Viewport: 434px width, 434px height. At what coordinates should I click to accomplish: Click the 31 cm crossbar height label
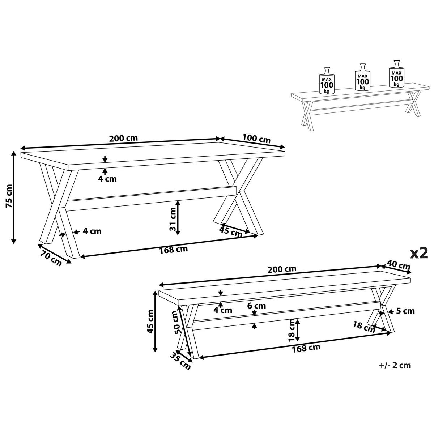tap(173, 219)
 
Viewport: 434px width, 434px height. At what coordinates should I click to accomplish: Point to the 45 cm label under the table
tap(231, 232)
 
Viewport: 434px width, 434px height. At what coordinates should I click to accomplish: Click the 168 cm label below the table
tap(174, 250)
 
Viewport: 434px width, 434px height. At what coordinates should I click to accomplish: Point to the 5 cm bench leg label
tap(405, 311)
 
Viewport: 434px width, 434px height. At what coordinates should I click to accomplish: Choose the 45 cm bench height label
tap(150, 322)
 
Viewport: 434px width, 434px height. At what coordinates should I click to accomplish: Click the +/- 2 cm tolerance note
tap(395, 365)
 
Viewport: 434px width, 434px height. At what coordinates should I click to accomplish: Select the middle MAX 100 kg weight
tap(362, 77)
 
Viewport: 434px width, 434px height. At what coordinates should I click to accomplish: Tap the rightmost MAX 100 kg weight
tap(397, 74)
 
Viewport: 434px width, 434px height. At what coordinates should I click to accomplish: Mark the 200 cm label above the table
tap(123, 138)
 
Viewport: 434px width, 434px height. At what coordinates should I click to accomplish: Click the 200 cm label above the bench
tap(282, 269)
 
